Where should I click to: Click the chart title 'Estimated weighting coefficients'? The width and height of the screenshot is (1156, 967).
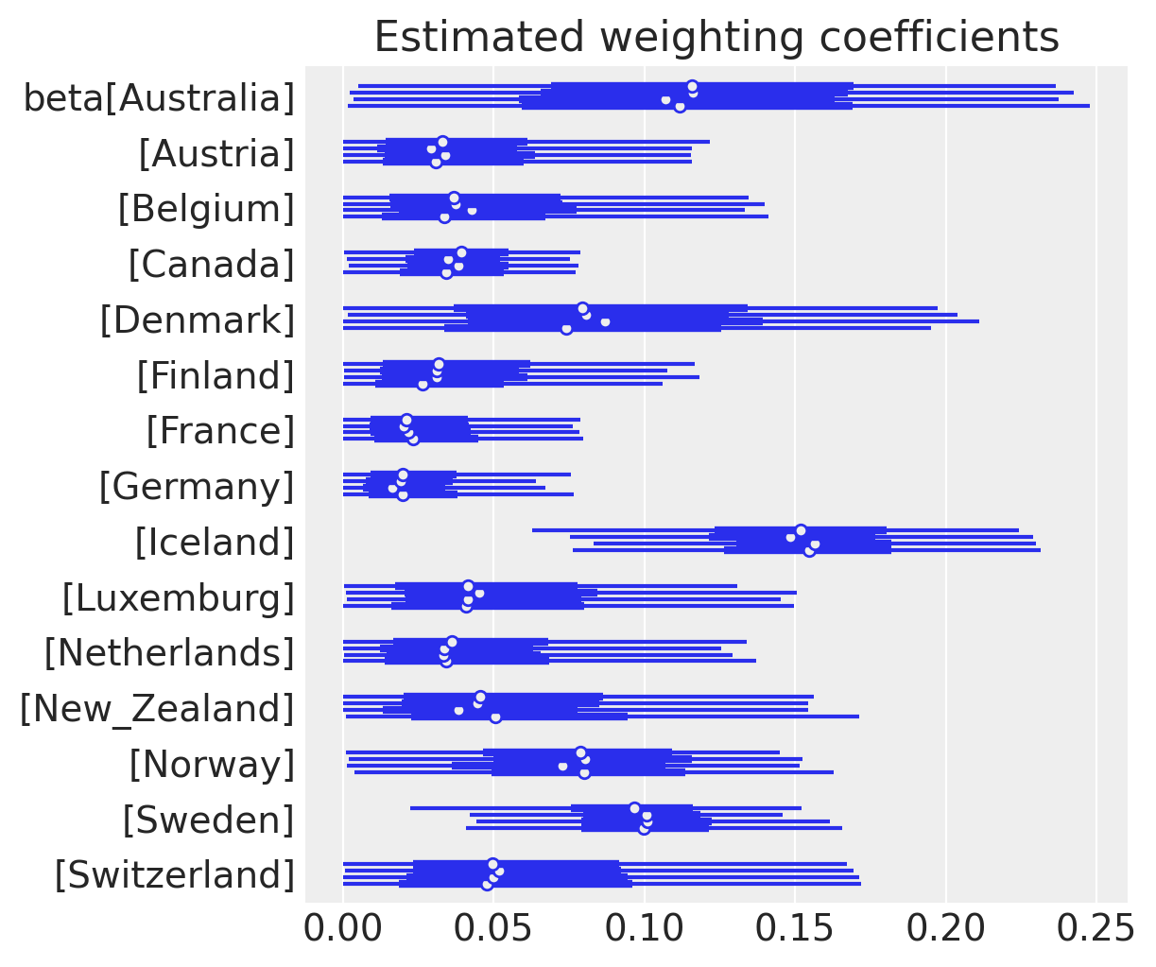pyautogui.click(x=716, y=37)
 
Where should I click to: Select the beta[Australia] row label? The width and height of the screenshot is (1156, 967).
pyautogui.click(x=159, y=97)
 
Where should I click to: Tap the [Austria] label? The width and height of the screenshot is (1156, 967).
pyautogui.click(x=216, y=153)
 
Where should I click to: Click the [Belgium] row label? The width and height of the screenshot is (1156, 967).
pyautogui.click(x=206, y=209)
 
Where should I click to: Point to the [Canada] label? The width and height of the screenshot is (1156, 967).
pyautogui.click(x=211, y=264)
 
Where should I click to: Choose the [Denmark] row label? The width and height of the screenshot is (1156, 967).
pyautogui.click(x=198, y=319)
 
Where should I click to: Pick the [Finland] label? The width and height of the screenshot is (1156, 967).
pyautogui.click(x=216, y=375)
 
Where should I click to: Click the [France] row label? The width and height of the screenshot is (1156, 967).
pyautogui.click(x=220, y=431)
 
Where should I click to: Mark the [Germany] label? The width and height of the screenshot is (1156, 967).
pyautogui.click(x=197, y=487)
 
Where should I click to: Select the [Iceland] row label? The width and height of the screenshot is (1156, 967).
pyautogui.click(x=215, y=543)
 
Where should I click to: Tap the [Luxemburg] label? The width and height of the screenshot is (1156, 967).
pyautogui.click(x=179, y=598)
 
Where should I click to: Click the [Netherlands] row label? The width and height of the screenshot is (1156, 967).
pyautogui.click(x=169, y=653)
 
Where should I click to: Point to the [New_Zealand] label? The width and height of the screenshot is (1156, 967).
pyautogui.click(x=157, y=709)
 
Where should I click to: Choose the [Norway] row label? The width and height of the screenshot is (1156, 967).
pyautogui.click(x=212, y=764)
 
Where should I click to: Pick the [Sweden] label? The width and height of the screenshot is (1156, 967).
pyautogui.click(x=208, y=820)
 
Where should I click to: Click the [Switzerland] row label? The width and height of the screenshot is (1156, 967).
pyautogui.click(x=174, y=875)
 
